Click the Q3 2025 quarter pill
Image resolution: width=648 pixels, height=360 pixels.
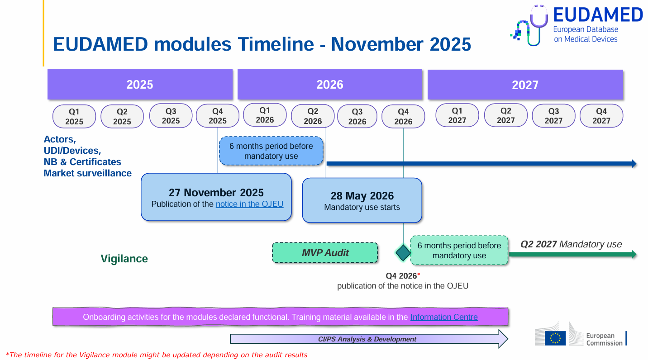pos(171,116)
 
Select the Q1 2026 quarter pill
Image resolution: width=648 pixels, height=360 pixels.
pos(265,115)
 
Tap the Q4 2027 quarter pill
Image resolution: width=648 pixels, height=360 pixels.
pos(601,116)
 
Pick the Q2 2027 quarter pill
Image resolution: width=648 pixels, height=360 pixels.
pos(505,115)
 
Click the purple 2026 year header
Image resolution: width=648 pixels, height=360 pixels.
pos(330,84)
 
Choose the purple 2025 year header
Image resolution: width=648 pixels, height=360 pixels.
pos(140,84)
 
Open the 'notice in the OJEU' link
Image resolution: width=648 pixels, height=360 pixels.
pos(249,204)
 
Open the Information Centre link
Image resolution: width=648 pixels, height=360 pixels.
pos(444,317)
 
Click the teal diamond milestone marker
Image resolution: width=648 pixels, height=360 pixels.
pos(403,253)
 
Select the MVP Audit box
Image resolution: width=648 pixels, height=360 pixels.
pos(325,253)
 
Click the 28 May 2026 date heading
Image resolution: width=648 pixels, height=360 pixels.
pos(362,196)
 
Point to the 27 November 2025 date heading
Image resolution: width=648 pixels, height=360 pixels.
pos(216,193)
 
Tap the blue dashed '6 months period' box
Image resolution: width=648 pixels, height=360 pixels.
pos(271,151)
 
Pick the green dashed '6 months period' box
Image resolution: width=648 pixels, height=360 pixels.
pos(459,251)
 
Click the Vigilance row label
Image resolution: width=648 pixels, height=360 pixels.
pos(124,259)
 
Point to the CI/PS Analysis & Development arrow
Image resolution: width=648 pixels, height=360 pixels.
pos(369,339)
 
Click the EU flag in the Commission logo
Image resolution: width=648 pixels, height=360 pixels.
pos(555,338)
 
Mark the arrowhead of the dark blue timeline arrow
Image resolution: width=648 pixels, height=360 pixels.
pos(634,164)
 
